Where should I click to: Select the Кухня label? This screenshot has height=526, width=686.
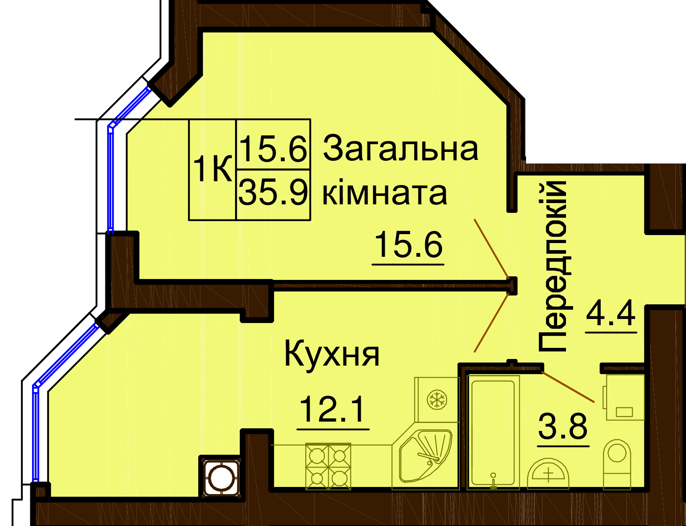click(x=332, y=354)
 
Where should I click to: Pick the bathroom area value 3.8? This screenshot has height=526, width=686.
click(x=562, y=426)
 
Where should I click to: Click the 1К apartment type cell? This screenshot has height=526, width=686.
click(x=212, y=169)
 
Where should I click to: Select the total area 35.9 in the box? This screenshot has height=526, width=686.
click(x=273, y=191)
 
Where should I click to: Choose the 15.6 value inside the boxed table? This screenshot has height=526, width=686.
click(x=273, y=148)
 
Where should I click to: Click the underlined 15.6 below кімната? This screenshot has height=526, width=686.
click(x=408, y=244)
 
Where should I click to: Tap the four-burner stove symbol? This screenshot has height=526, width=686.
click(x=328, y=466)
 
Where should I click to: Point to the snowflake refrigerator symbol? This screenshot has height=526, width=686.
click(x=437, y=399)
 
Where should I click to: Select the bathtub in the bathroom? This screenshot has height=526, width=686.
click(x=493, y=432)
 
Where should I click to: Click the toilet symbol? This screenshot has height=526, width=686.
click(x=617, y=463)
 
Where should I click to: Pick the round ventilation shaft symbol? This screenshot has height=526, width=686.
click(x=221, y=478)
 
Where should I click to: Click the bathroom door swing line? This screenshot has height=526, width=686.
click(x=568, y=387)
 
